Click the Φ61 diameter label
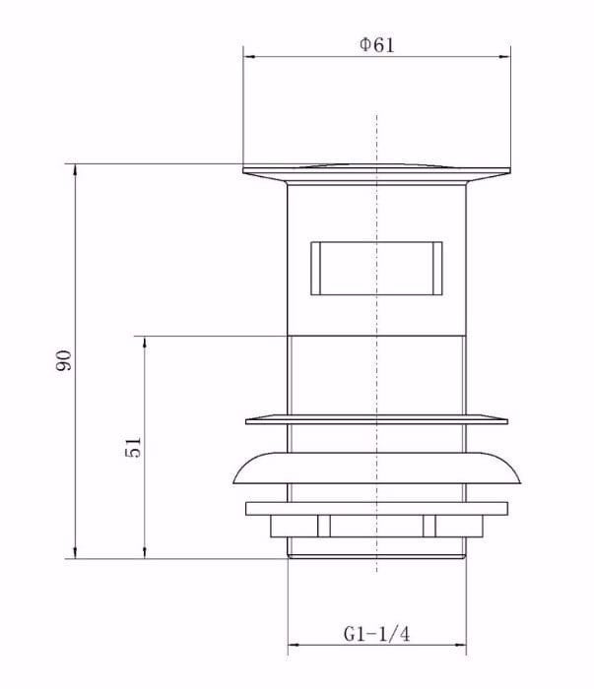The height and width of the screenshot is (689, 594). pos(377,45)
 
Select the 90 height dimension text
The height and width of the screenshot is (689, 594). pos(62,360)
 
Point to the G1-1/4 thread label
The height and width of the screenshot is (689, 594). pos(376,635)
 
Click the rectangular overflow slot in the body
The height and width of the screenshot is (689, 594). pos(376,267)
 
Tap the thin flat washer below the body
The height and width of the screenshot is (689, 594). pos(376,420)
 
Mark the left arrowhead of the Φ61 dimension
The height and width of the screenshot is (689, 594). pos(248,57)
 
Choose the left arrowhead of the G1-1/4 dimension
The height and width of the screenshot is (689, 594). pos(293,649)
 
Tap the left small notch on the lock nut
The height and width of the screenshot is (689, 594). pos(323,527)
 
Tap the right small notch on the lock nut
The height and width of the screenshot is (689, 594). pos(429,527)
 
